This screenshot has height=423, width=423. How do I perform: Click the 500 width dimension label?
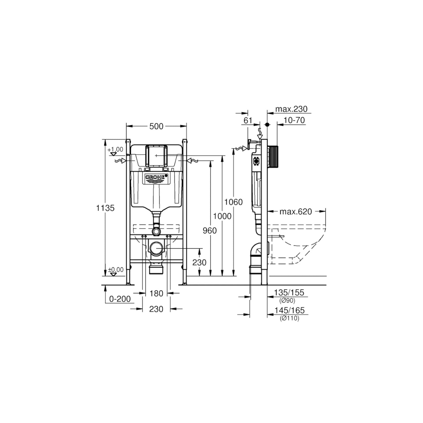[x=156, y=126]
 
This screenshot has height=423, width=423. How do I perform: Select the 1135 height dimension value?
[x=105, y=208]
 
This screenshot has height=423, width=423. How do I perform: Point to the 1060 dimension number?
[x=233, y=202]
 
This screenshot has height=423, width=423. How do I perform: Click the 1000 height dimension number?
[x=222, y=216]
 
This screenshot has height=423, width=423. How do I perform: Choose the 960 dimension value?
[x=210, y=231]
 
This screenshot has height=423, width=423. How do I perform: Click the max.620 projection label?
[x=296, y=212]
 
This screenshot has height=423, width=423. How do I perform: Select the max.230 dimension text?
[x=291, y=109]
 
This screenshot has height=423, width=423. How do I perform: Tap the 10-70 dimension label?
[x=294, y=120]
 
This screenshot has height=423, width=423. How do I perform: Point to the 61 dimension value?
[x=248, y=120]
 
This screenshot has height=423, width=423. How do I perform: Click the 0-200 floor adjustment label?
[x=120, y=299]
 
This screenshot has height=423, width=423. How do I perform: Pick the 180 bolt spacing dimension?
[x=156, y=293]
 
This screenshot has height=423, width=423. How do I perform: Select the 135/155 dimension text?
[x=289, y=292]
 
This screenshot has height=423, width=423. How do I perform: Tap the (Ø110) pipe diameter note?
[x=290, y=318]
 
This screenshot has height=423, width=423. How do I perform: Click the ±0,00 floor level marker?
[x=116, y=270]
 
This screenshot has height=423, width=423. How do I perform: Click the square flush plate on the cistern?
[x=157, y=156]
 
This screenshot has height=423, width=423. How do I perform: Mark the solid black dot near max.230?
[x=267, y=125]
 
